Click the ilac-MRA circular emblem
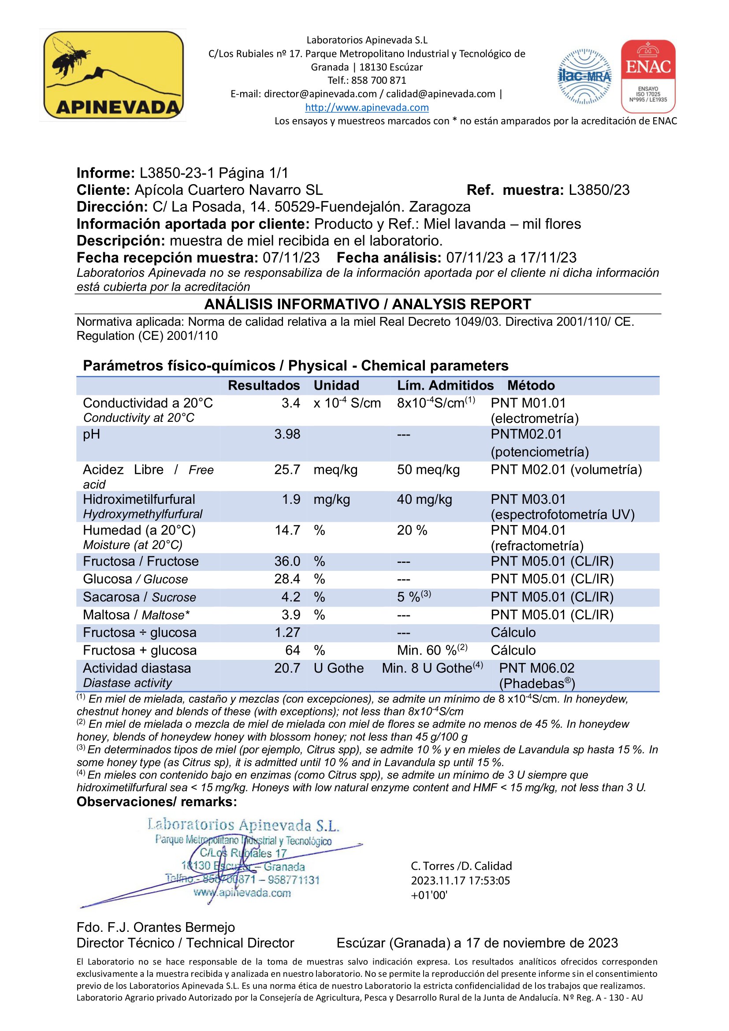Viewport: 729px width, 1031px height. click(584, 76)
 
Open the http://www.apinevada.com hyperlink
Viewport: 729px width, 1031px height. click(367, 107)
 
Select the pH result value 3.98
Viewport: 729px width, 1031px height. click(287, 434)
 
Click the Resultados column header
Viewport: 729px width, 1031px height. click(264, 385)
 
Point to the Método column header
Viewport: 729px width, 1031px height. click(531, 385)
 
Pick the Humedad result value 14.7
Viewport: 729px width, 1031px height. click(287, 530)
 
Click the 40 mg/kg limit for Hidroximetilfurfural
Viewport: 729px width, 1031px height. click(424, 499)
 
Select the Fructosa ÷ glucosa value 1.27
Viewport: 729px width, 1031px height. click(287, 632)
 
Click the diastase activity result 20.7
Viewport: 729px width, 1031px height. click(287, 668)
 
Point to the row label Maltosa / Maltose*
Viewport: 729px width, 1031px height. click(136, 615)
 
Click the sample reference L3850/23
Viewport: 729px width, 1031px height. click(599, 190)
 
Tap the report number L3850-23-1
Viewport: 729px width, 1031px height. click(177, 173)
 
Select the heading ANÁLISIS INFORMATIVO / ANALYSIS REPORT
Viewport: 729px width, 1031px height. click(368, 305)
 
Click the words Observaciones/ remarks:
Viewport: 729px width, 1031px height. click(156, 801)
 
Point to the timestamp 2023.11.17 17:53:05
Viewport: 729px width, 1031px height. click(460, 881)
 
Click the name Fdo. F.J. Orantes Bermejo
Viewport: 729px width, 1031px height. click(156, 927)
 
